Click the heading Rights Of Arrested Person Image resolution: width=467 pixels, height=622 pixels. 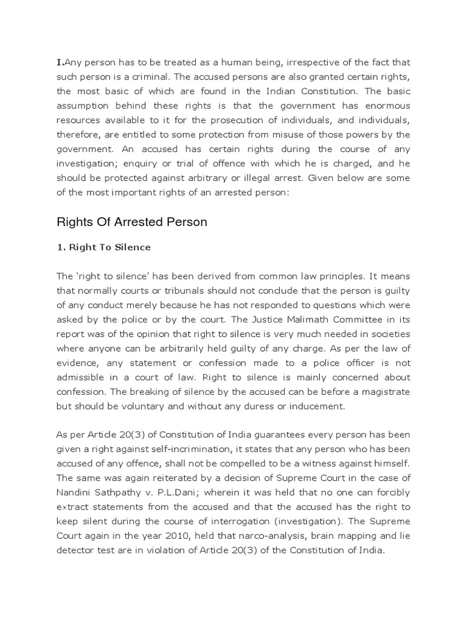click(x=132, y=222)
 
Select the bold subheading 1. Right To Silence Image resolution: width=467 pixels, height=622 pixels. click(x=104, y=248)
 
